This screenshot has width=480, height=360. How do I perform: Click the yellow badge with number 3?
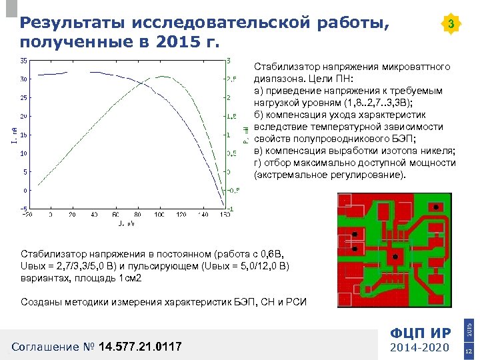pos(451,25)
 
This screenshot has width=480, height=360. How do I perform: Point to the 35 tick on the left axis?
pos(23,61)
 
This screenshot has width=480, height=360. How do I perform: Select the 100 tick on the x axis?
pos(159,215)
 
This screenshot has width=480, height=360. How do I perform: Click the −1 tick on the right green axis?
pos(230,209)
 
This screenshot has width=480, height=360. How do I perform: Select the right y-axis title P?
pos(245,136)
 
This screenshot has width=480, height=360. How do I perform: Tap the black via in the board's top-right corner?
pos(435,207)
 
